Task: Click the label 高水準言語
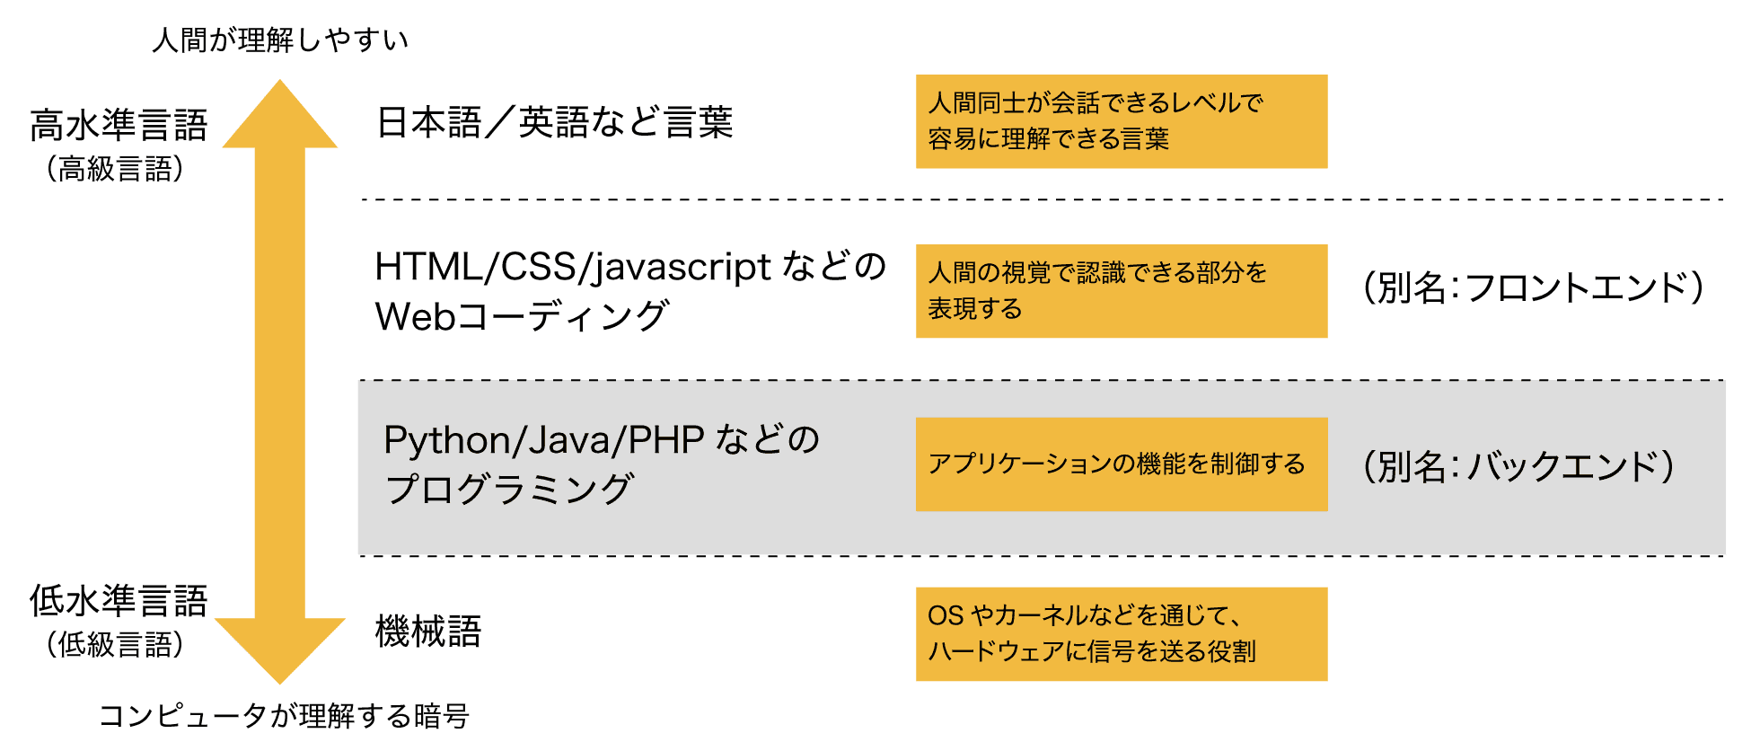click(x=119, y=125)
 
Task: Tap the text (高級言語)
click(x=116, y=169)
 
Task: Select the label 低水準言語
click(x=119, y=600)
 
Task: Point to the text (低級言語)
click(x=116, y=644)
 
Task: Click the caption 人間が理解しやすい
click(x=280, y=40)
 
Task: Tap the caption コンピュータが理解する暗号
click(x=284, y=716)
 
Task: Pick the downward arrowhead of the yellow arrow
click(x=280, y=649)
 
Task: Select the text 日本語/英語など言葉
click(x=554, y=122)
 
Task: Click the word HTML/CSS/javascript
click(x=573, y=267)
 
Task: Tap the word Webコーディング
click(x=522, y=316)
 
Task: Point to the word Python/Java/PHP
click(x=543, y=440)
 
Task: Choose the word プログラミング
click(x=509, y=490)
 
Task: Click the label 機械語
click(x=427, y=632)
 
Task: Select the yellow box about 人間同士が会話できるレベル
click(x=1121, y=121)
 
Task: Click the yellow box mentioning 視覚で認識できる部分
click(x=1121, y=291)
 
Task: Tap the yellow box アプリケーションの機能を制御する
click(x=1121, y=464)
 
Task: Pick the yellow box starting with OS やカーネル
click(x=1121, y=634)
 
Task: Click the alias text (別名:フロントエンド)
click(x=1532, y=288)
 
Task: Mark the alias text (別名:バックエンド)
click(x=1518, y=466)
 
